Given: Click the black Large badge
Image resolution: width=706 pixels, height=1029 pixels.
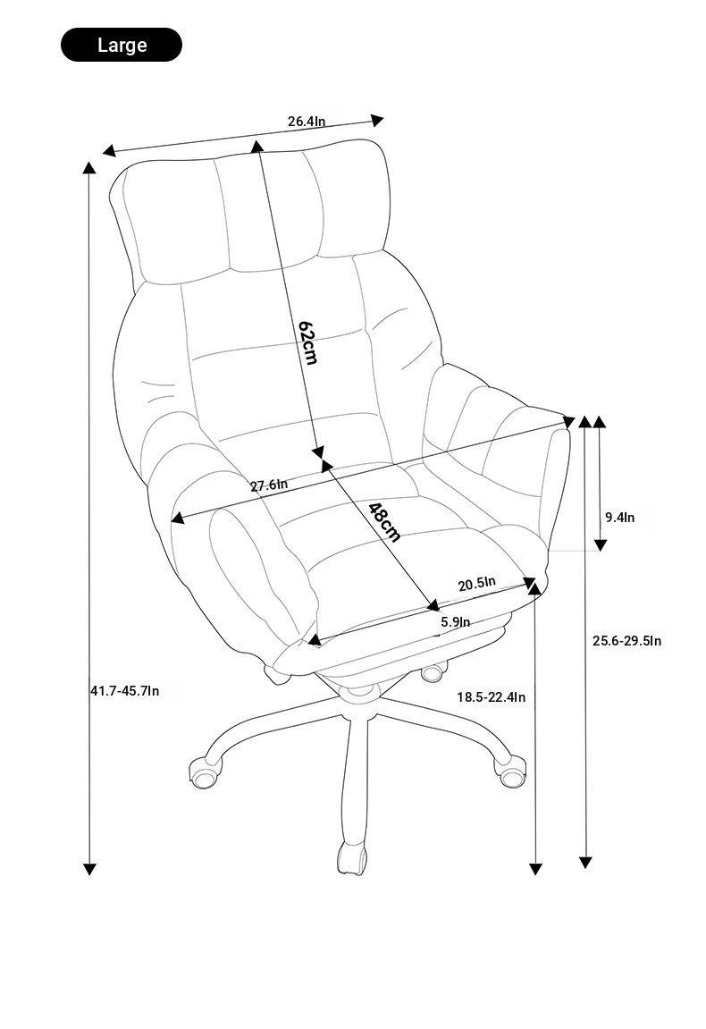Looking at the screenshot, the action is click(122, 45).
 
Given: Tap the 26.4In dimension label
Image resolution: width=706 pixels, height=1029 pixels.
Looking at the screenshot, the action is click(307, 122).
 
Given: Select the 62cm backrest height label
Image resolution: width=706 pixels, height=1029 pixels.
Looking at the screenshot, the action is click(307, 342).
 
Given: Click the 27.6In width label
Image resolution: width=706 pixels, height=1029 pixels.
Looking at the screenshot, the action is click(269, 485).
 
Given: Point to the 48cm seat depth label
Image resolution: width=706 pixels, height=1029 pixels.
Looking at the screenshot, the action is click(384, 522).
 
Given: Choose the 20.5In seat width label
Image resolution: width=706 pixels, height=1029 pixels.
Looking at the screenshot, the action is click(477, 584).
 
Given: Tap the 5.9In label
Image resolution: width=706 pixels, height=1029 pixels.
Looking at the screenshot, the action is click(456, 621).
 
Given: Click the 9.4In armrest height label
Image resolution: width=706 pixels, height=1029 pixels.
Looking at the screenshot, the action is click(620, 517).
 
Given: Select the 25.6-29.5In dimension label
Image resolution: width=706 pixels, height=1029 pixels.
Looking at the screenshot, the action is click(626, 640).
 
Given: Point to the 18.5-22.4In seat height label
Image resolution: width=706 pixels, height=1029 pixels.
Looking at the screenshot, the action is click(491, 697).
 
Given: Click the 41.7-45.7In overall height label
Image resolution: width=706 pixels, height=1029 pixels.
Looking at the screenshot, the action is click(124, 690).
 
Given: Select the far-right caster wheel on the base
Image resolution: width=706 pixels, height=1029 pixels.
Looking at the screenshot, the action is click(511, 772).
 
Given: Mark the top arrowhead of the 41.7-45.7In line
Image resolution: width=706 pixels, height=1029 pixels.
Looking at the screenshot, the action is click(89, 166).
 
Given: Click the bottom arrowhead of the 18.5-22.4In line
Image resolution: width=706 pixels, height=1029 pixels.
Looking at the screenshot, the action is click(535, 869).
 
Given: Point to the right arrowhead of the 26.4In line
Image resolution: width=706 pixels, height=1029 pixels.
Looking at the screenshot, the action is click(377, 120).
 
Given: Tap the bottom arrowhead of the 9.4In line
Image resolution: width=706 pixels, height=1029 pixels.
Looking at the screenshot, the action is click(600, 544).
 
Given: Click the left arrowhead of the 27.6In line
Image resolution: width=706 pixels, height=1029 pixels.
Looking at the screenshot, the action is click(177, 519).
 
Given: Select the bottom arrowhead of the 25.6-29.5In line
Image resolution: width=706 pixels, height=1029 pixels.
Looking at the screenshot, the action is click(585, 863).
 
